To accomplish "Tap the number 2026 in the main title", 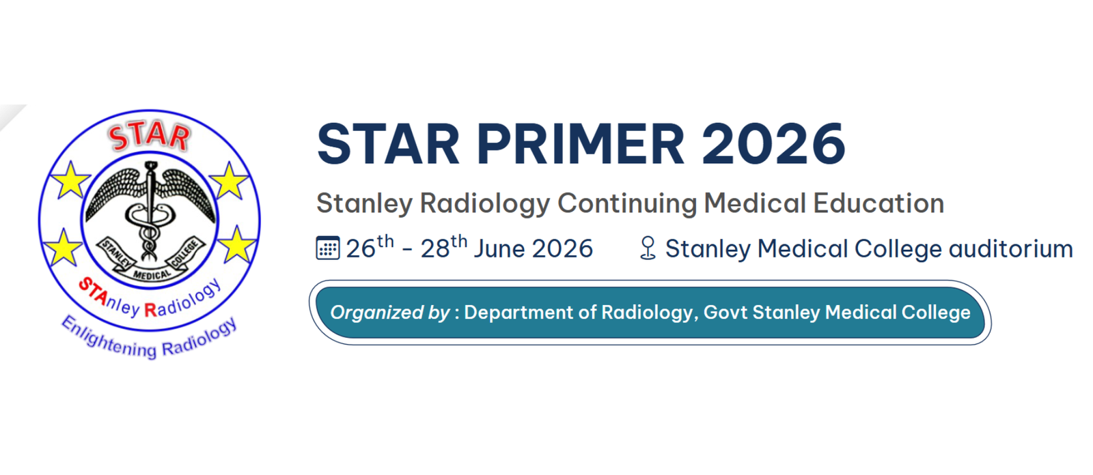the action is tap(773, 144).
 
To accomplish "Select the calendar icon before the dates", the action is tap(327, 248).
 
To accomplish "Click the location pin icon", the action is tap(648, 248).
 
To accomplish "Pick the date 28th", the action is tap(444, 247).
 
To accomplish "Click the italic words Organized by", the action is tap(390, 313).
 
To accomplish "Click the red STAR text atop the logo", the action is tap(149, 137).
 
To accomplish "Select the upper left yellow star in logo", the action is tap(71, 179).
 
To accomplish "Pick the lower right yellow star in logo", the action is tap(236, 244).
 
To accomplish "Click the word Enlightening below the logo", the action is tap(109, 337).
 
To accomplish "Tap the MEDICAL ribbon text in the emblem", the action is tap(152, 276).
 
